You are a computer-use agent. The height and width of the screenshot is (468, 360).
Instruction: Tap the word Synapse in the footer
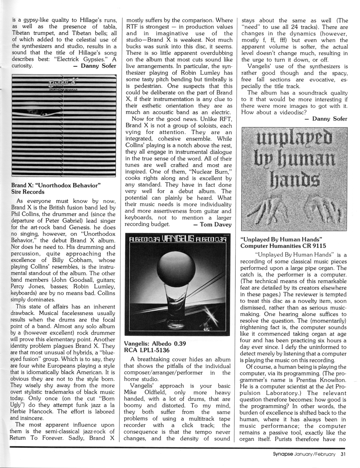[283, 454]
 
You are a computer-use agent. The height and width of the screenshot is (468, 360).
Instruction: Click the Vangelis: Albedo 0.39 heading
[155, 343]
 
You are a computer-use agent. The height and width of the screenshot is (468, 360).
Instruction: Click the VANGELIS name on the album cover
[179, 239]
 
